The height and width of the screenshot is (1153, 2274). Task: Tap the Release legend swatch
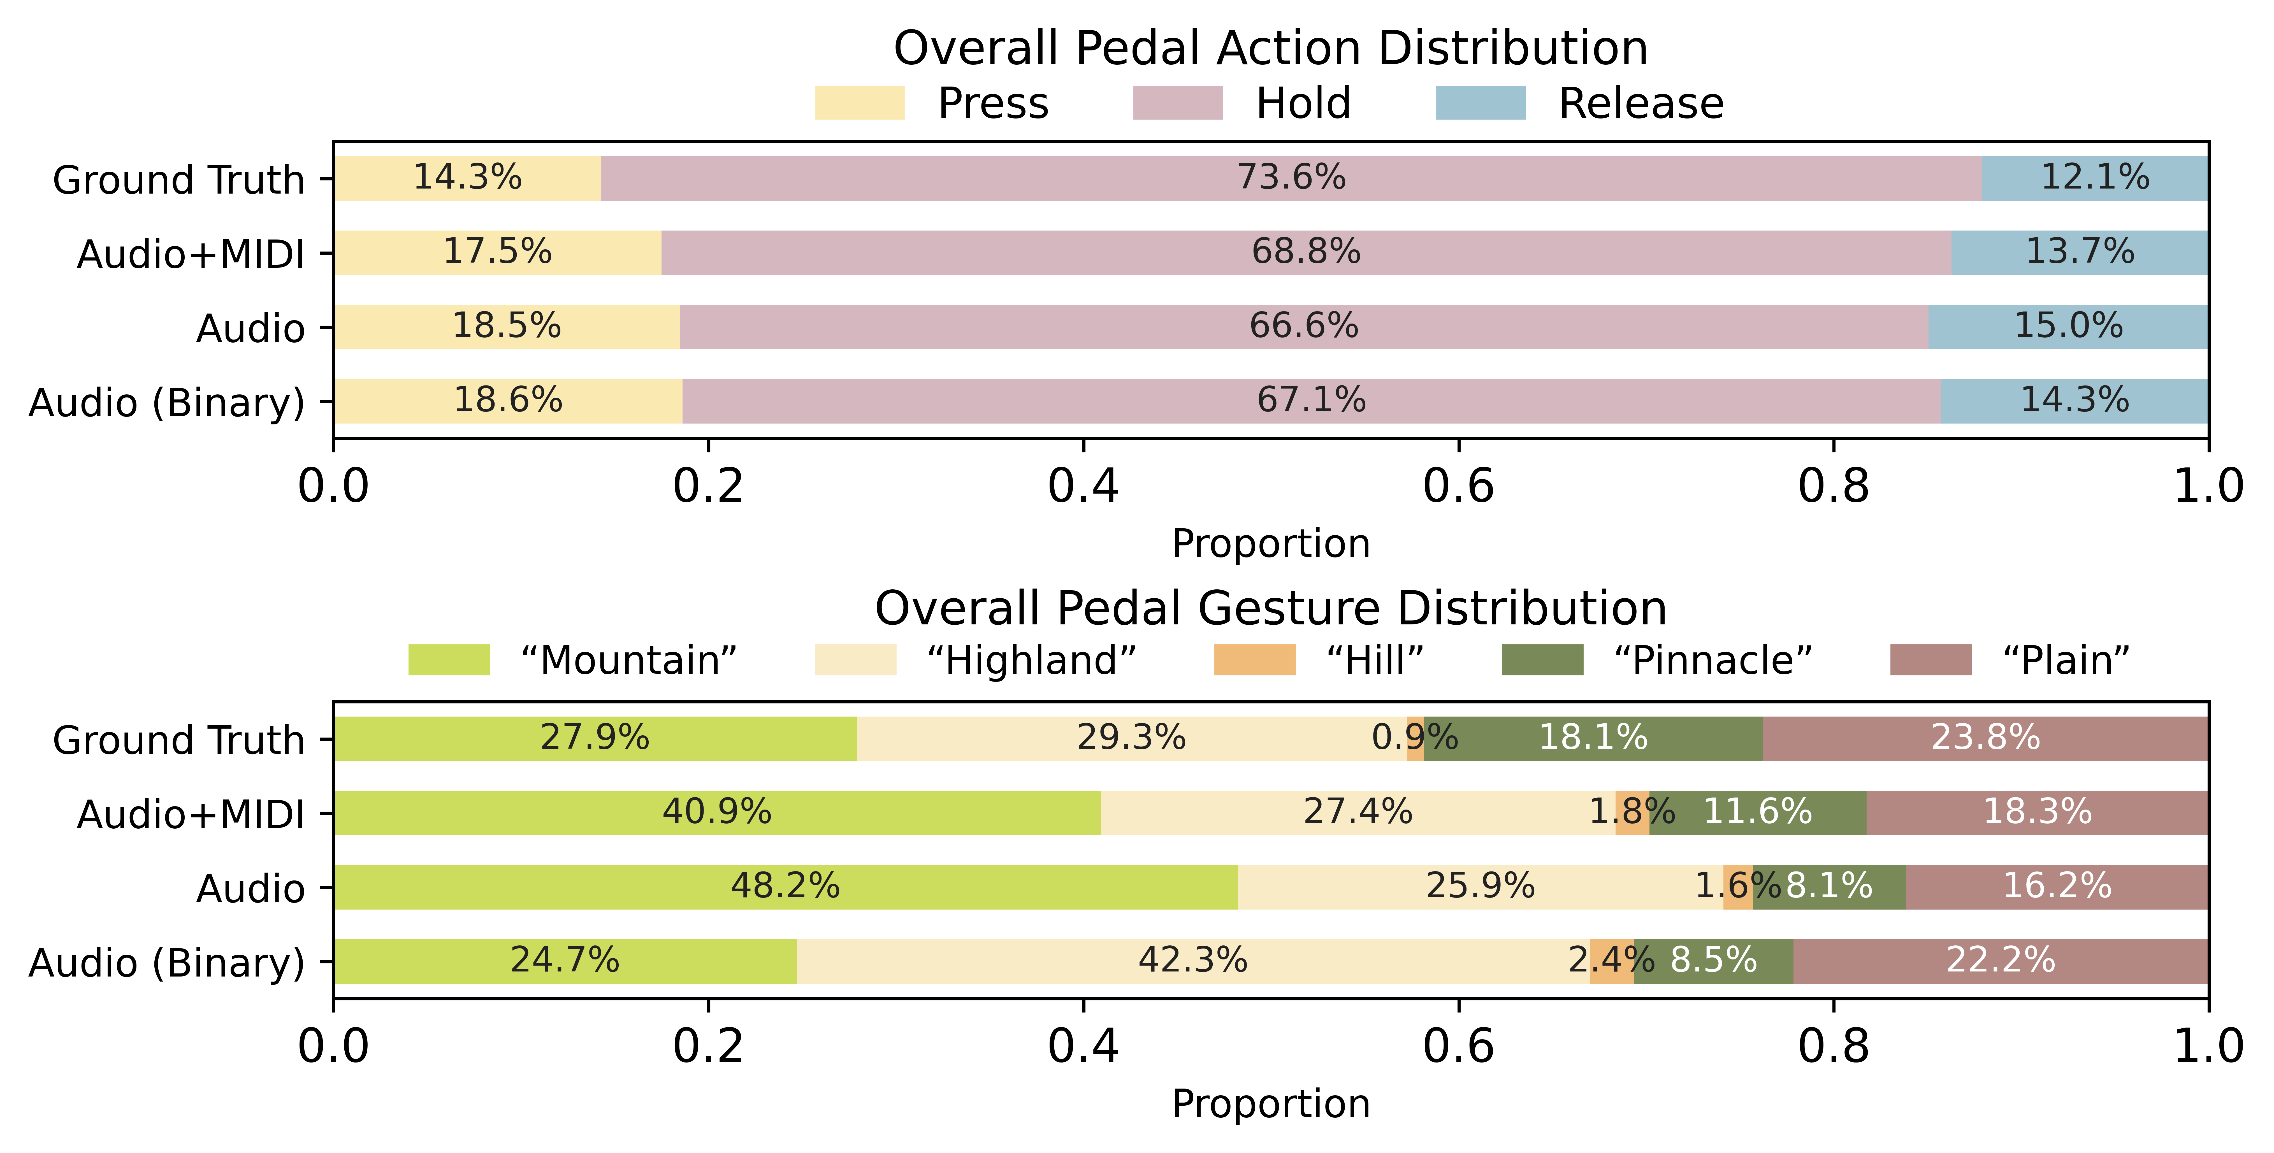1481,103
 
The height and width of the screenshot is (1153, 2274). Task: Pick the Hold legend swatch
1178,103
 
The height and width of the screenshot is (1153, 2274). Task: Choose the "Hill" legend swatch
1254,660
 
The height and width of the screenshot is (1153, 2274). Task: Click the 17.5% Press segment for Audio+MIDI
497,252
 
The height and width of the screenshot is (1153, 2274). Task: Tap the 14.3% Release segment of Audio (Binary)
2075,401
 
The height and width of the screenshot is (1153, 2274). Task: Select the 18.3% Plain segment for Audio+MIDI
2038,813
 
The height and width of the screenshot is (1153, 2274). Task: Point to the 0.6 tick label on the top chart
1458,487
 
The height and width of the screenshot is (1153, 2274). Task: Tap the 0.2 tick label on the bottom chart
708,1047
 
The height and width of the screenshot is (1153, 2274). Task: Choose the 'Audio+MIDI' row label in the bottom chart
191,814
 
